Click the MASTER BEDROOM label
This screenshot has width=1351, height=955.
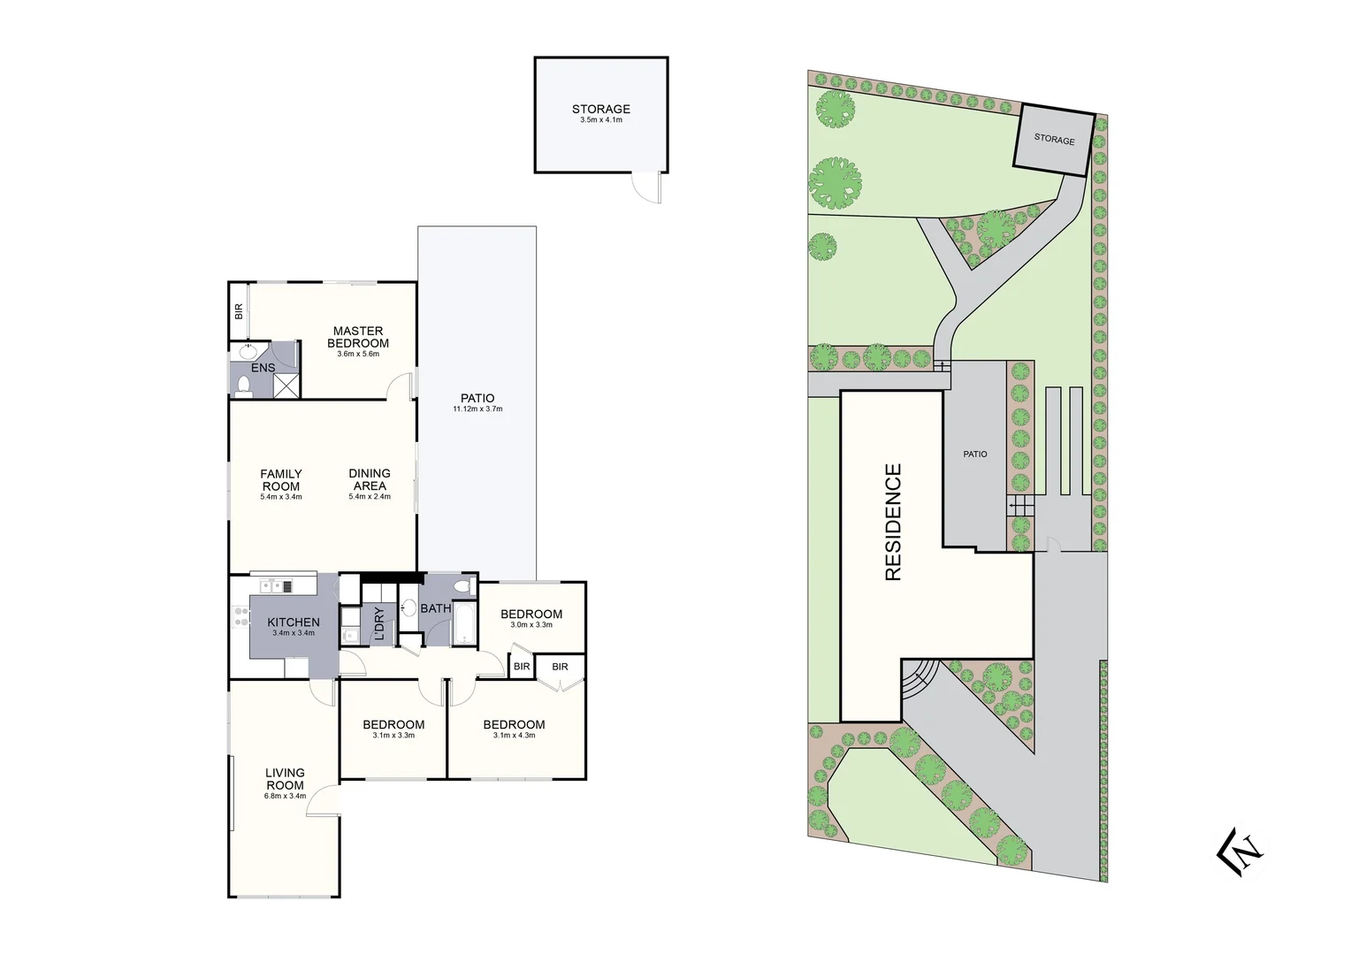(358, 337)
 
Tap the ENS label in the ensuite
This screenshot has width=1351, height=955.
(263, 368)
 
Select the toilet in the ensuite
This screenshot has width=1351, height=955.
(244, 385)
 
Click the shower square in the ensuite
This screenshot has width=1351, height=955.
(286, 386)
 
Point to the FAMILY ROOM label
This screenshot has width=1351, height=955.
(281, 480)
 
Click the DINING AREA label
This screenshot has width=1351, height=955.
(370, 479)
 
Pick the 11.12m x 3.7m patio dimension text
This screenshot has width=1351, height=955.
(477, 409)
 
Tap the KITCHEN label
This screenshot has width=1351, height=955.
(294, 623)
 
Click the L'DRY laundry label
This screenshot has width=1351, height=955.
(379, 623)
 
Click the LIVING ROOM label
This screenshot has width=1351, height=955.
(285, 779)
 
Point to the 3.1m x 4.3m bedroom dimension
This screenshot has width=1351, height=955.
(514, 736)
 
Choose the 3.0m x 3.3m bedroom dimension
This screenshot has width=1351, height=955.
(531, 625)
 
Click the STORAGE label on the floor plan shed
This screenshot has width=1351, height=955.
(601, 110)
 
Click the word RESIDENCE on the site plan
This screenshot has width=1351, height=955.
(893, 522)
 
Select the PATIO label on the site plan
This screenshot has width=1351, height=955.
(975, 455)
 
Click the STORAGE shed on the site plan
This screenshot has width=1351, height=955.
(1054, 140)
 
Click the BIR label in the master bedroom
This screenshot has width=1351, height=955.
(239, 311)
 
